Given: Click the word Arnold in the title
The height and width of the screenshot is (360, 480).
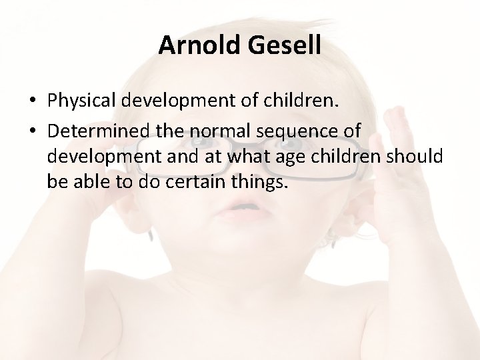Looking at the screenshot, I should (x=197, y=45).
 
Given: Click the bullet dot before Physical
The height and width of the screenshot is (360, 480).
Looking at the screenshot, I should (x=33, y=101).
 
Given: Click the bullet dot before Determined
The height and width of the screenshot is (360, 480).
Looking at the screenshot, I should (x=33, y=131).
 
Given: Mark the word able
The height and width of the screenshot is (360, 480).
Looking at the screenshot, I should (x=90, y=181).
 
